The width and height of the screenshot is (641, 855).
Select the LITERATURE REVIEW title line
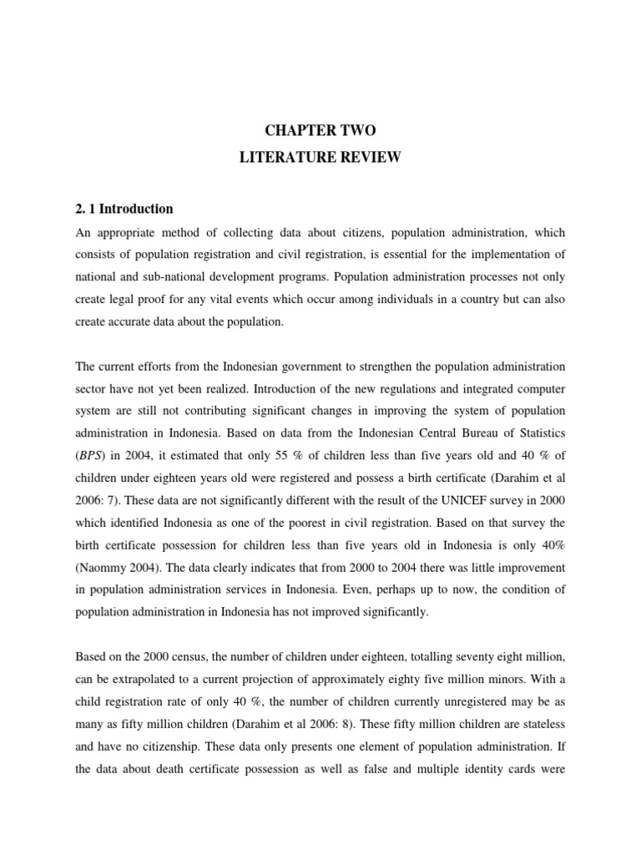point(320,158)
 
